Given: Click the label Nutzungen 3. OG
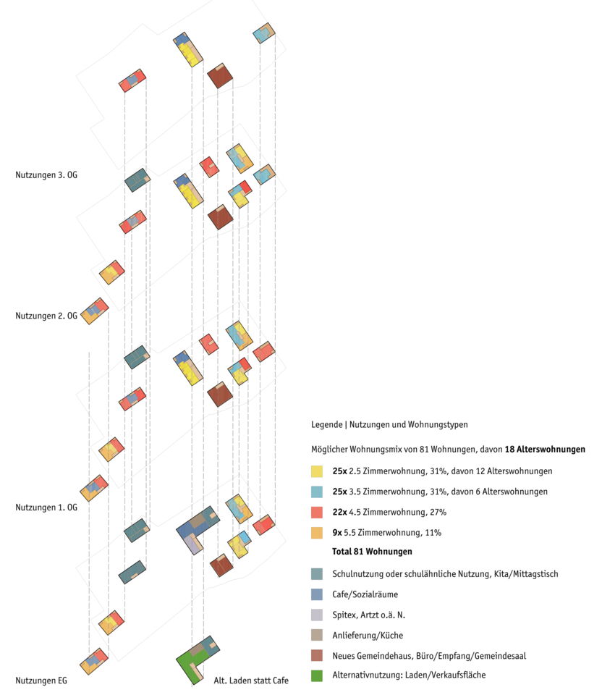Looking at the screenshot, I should click(46, 174).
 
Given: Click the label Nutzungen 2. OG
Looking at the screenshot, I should click(46, 316).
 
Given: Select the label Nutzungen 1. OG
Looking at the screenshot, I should click(46, 507).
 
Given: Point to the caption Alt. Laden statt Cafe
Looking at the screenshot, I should click(251, 681).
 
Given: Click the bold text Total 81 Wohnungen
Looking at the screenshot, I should click(372, 552).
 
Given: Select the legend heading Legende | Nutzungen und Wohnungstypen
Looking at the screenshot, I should click(394, 424).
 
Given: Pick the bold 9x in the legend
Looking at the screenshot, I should click(337, 533).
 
